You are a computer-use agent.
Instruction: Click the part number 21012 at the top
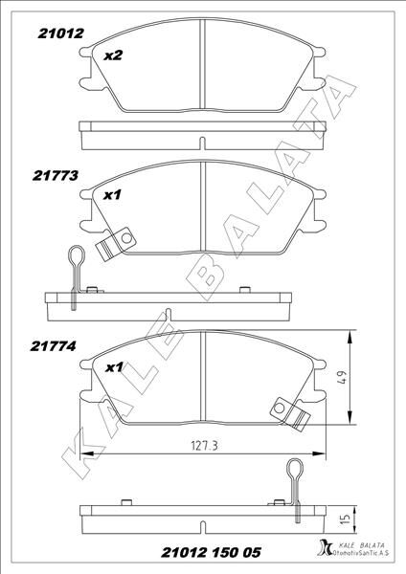pos(61,32)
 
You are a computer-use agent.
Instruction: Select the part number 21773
pos(56,177)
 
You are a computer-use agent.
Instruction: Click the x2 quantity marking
pos(113,55)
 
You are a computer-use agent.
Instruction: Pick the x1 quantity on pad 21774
pos(114,367)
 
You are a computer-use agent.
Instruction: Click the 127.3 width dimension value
pos(200,445)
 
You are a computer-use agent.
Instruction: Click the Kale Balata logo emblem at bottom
pos(319,548)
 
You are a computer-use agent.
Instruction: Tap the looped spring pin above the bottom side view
pos(297,478)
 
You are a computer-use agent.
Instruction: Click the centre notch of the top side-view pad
pos(201,143)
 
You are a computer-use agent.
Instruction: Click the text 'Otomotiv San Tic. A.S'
pos(360,555)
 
